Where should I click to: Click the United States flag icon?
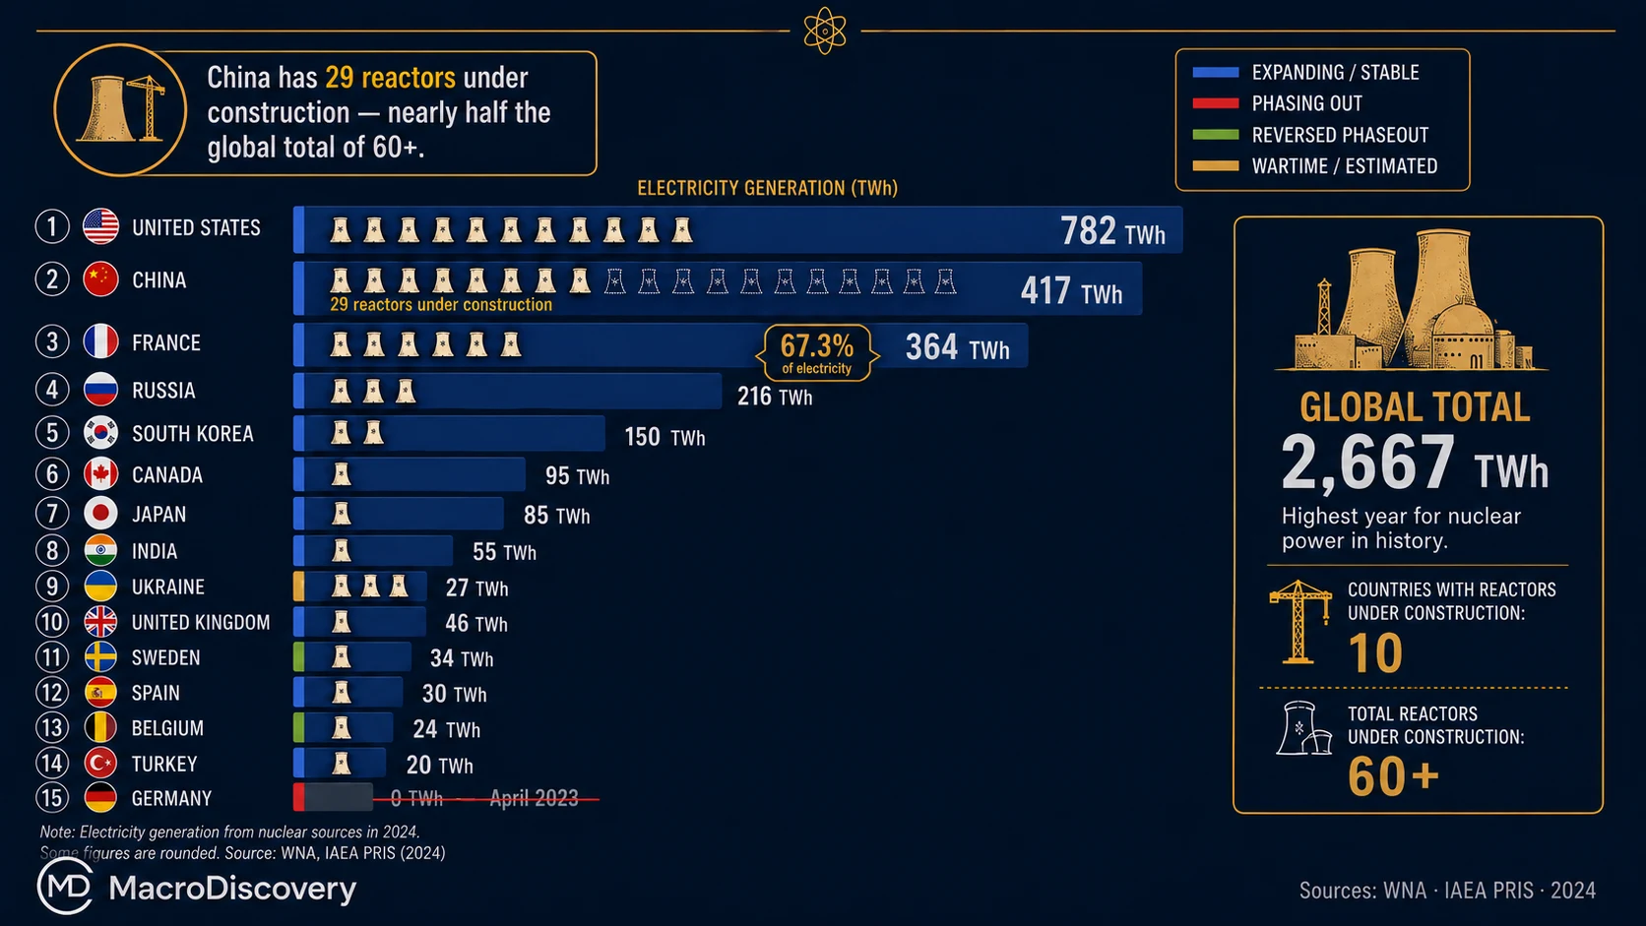click(100, 227)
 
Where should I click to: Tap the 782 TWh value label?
click(1112, 231)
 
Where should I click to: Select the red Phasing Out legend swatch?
click(1216, 103)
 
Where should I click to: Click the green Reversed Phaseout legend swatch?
click(1216, 135)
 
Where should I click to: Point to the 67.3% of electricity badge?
click(816, 353)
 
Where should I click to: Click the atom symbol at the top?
click(824, 31)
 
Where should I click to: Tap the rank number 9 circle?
click(52, 586)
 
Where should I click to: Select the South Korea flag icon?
click(100, 433)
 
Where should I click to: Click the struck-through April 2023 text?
click(534, 798)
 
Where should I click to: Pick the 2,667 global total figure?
click(1366, 463)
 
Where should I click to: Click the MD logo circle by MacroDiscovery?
click(65, 887)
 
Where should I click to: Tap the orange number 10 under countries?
click(1375, 652)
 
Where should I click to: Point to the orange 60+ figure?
click(1393, 776)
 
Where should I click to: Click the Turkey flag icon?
click(100, 763)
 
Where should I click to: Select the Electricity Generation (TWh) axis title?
click(767, 188)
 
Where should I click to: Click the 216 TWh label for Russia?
click(775, 398)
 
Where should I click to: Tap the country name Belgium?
click(166, 728)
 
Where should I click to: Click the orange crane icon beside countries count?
click(1299, 622)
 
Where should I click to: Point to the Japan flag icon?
click(100, 514)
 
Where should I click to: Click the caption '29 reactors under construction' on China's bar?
click(441, 305)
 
